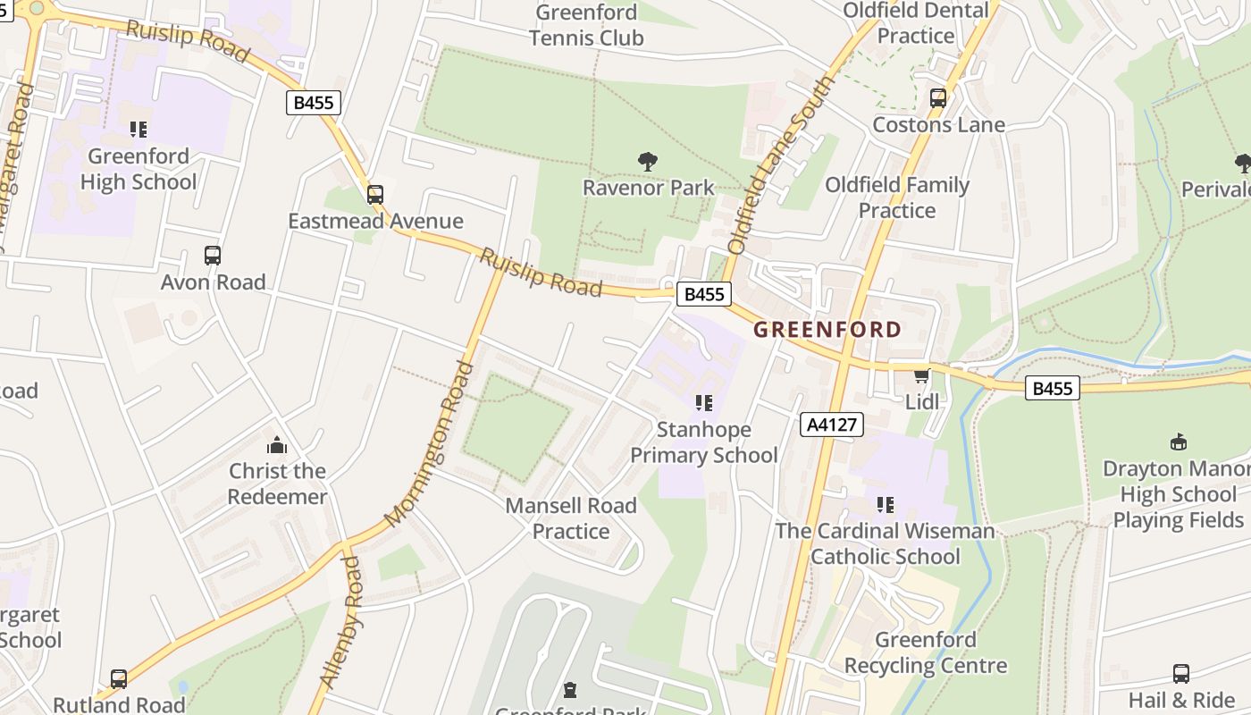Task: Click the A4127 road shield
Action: point(831,425)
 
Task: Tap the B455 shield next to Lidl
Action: point(1052,388)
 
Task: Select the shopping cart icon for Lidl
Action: point(921,376)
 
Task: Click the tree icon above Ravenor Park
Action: point(648,162)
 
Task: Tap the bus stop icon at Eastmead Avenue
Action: point(375,194)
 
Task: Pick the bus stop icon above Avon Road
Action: point(213,256)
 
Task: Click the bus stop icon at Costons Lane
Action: point(938,98)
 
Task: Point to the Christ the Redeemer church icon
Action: point(277,445)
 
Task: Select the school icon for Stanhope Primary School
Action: point(704,404)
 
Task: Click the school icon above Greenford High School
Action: point(138,130)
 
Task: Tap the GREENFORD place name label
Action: point(827,330)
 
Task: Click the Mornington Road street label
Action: point(428,443)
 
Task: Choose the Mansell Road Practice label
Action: point(571,518)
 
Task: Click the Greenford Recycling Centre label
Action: point(926,652)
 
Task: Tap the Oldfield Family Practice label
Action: point(897,198)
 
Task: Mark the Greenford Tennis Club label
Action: point(586,25)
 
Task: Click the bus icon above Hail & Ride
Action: point(1180,674)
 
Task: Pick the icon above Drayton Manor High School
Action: point(1178,442)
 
